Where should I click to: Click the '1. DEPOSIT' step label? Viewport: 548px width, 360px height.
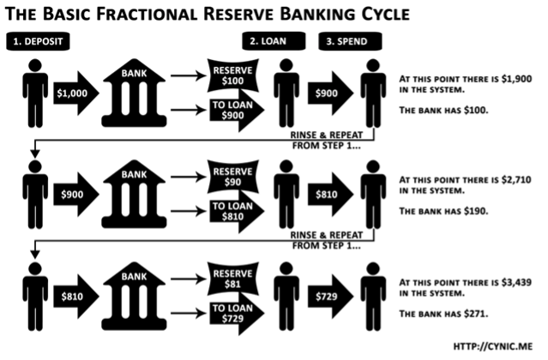[37, 42]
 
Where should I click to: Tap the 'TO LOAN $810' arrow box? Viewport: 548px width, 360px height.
[234, 213]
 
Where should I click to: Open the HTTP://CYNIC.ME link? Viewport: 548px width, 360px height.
[494, 346]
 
